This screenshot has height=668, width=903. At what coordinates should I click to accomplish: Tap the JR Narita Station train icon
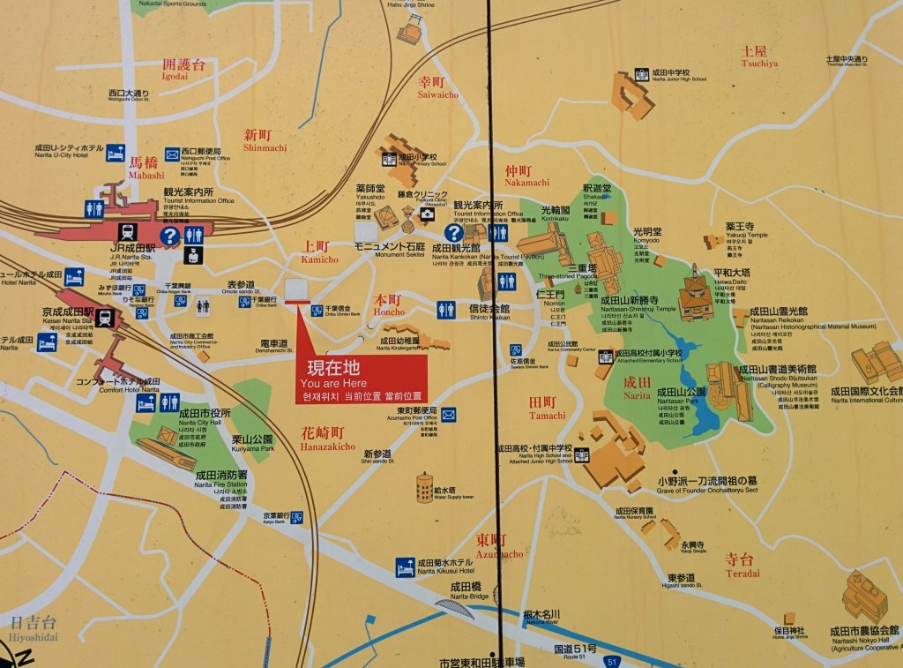[x=129, y=232]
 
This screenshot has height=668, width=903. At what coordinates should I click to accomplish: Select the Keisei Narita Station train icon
[x=105, y=318]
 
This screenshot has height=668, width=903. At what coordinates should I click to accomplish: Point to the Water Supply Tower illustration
[x=425, y=487]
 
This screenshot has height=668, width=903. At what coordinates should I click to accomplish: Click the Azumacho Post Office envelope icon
[x=448, y=414]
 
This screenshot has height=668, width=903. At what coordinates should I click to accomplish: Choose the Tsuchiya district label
[x=759, y=56]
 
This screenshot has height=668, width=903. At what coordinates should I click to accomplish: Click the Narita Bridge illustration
[x=455, y=608]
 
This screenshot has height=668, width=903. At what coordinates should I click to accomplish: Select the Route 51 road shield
[x=611, y=660]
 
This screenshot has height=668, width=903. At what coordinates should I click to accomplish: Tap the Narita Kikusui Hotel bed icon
[x=406, y=567]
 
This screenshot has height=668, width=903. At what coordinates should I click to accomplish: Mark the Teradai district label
[x=741, y=565]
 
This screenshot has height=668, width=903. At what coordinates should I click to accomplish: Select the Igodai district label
[x=183, y=69]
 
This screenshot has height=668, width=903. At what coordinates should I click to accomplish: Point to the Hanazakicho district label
[x=328, y=439]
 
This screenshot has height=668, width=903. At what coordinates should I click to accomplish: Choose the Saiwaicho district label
[x=437, y=86]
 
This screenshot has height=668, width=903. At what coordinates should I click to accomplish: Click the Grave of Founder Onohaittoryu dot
[x=675, y=471]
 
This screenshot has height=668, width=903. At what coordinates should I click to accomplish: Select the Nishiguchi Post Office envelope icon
[x=172, y=154]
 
